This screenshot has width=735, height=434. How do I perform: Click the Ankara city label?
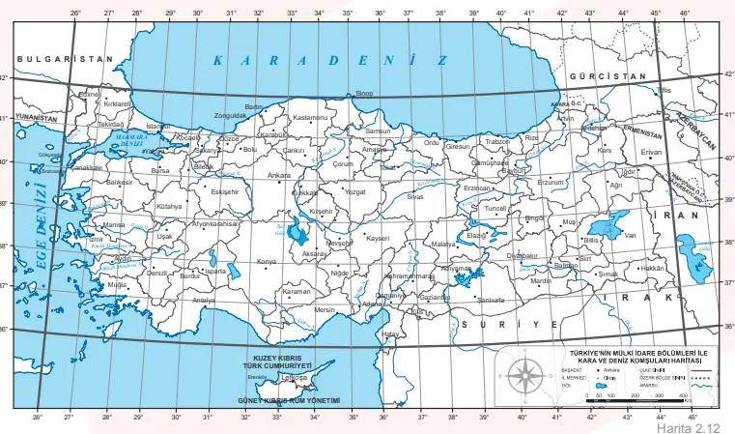click(278, 176)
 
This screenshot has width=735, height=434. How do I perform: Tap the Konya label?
click(266, 262)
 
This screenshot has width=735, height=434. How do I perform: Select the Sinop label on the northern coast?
click(365, 94)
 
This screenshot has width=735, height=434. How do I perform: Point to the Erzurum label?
click(551, 182)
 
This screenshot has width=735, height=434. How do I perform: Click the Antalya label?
click(204, 301)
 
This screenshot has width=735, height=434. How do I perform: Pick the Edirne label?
click(90, 95)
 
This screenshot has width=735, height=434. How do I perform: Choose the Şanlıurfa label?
click(491, 301)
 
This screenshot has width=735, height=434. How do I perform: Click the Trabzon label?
click(496, 141)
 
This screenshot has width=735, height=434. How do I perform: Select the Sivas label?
click(415, 196)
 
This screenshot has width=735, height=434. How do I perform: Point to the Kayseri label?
click(378, 237)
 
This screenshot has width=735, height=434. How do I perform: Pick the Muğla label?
click(117, 286)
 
